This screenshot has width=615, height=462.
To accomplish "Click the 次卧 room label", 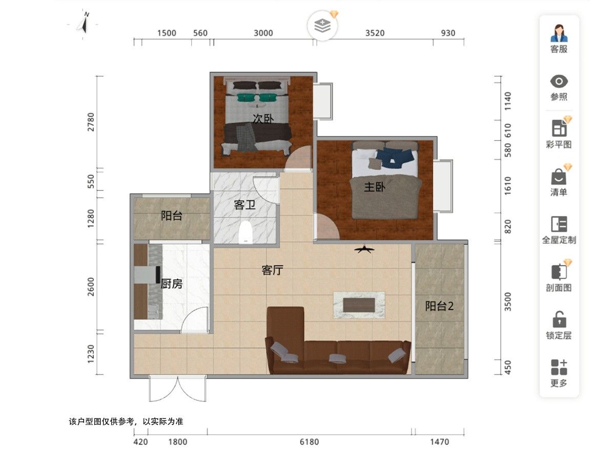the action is tap(263, 119).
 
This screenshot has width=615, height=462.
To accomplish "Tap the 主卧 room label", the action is tap(375, 187).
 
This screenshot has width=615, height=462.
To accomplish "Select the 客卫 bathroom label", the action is tap(244, 205).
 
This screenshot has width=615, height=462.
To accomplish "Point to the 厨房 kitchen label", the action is tap(172, 284).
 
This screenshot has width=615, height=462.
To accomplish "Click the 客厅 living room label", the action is tap(272, 270).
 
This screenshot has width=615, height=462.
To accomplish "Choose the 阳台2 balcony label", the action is tap(439, 306).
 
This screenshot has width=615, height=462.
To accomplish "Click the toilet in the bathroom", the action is tap(245, 232).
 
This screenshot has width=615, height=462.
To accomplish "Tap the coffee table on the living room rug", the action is tap(359, 305).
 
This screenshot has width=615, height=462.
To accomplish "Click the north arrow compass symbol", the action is tap(84, 25).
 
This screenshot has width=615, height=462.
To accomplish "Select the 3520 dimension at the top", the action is tap(375, 33).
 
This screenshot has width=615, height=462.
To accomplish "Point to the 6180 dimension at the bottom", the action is tap(309, 442).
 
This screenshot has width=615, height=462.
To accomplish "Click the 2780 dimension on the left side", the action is tap(91, 122).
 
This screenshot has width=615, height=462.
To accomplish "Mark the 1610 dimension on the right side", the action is tap(507, 186).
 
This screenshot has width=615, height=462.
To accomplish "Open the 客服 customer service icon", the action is tap(559, 33).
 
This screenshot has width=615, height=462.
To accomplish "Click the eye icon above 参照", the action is tap(559, 81).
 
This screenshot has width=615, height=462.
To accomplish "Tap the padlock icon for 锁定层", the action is tap(559, 319).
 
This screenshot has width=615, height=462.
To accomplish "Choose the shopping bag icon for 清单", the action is tap(559, 176).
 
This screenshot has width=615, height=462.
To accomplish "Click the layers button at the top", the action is tap(322, 26).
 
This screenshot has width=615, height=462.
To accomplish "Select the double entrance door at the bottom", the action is tap(178, 389).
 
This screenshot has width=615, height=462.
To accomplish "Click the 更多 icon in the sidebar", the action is tap(559, 367).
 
